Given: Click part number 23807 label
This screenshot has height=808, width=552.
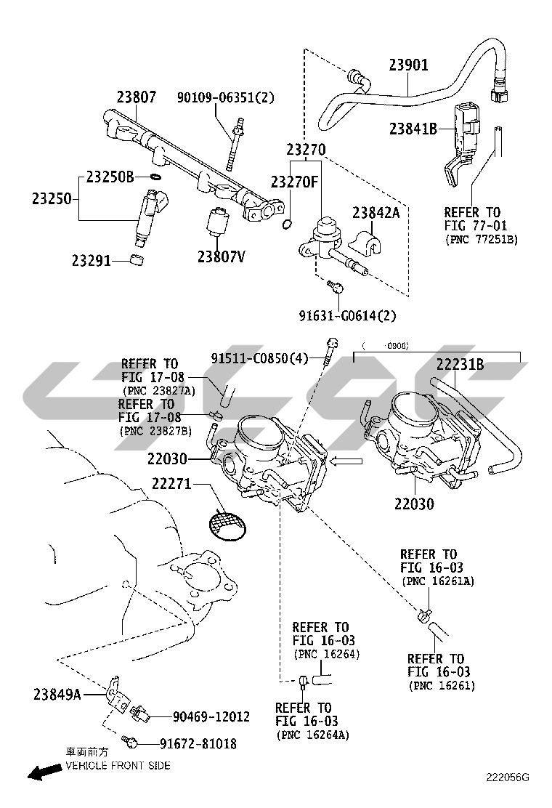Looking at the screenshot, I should point(137,97).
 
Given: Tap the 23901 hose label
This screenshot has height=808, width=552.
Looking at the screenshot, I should point(407,65).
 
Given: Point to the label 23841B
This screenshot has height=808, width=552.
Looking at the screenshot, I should point(413,129).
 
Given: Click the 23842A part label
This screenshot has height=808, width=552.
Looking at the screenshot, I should point(376,212).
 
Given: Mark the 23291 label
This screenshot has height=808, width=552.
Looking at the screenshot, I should point(91,259).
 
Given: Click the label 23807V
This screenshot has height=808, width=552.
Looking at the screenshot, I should point(221,256).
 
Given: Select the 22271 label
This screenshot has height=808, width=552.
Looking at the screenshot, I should point(171,483).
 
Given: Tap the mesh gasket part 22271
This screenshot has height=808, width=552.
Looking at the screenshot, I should point(225,523).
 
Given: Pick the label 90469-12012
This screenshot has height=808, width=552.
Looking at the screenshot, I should point(211,717).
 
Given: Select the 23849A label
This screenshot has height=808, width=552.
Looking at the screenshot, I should point(57,695).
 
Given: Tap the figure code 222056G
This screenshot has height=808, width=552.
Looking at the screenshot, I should point(508,777).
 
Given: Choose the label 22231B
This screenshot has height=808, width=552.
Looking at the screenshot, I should point(460,365).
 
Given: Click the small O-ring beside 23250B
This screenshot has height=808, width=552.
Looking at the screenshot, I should point(154,177).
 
